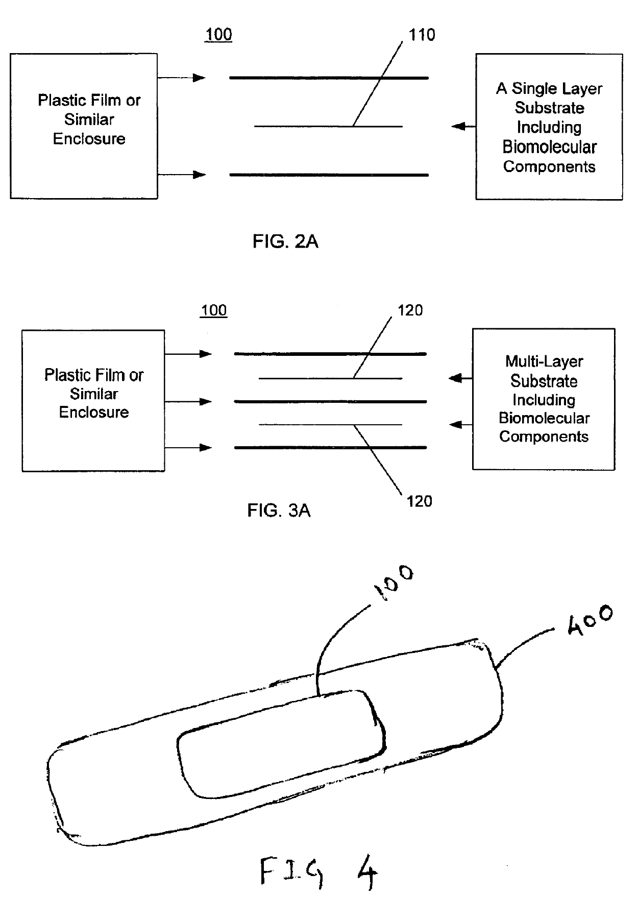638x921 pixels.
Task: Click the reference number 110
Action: (x=422, y=35)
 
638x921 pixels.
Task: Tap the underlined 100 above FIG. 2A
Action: (x=218, y=35)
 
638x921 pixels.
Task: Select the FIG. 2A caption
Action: (x=285, y=241)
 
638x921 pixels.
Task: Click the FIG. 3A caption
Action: (x=279, y=510)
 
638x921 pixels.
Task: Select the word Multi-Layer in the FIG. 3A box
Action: (x=544, y=361)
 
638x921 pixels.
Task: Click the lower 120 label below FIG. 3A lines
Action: (x=419, y=501)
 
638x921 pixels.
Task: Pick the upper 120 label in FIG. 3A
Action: (x=410, y=310)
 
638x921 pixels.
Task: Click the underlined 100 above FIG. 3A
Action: (x=214, y=310)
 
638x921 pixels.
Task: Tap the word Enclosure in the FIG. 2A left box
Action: (x=89, y=139)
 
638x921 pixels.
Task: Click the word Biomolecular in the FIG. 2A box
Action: (x=549, y=147)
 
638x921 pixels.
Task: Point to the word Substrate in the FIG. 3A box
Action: (x=544, y=381)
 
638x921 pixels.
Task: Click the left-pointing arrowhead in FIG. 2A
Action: (x=458, y=126)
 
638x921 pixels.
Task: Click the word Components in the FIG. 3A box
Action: (x=544, y=437)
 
